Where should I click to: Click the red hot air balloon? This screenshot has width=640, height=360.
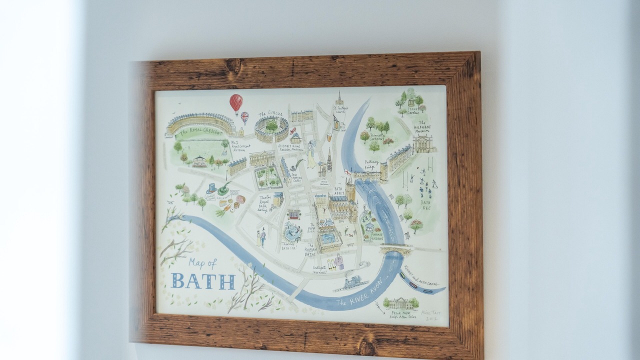point(236,102)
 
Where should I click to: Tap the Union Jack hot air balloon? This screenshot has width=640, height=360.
point(244,117)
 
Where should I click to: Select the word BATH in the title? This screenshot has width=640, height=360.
point(203,281)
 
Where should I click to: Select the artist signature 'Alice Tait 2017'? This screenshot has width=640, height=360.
point(429,315)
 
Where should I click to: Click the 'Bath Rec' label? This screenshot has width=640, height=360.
point(426,205)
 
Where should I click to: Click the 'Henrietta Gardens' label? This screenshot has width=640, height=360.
point(378,136)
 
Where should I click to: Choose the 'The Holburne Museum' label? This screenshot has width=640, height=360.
point(421,128)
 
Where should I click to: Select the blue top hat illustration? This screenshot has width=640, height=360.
point(211,188)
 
